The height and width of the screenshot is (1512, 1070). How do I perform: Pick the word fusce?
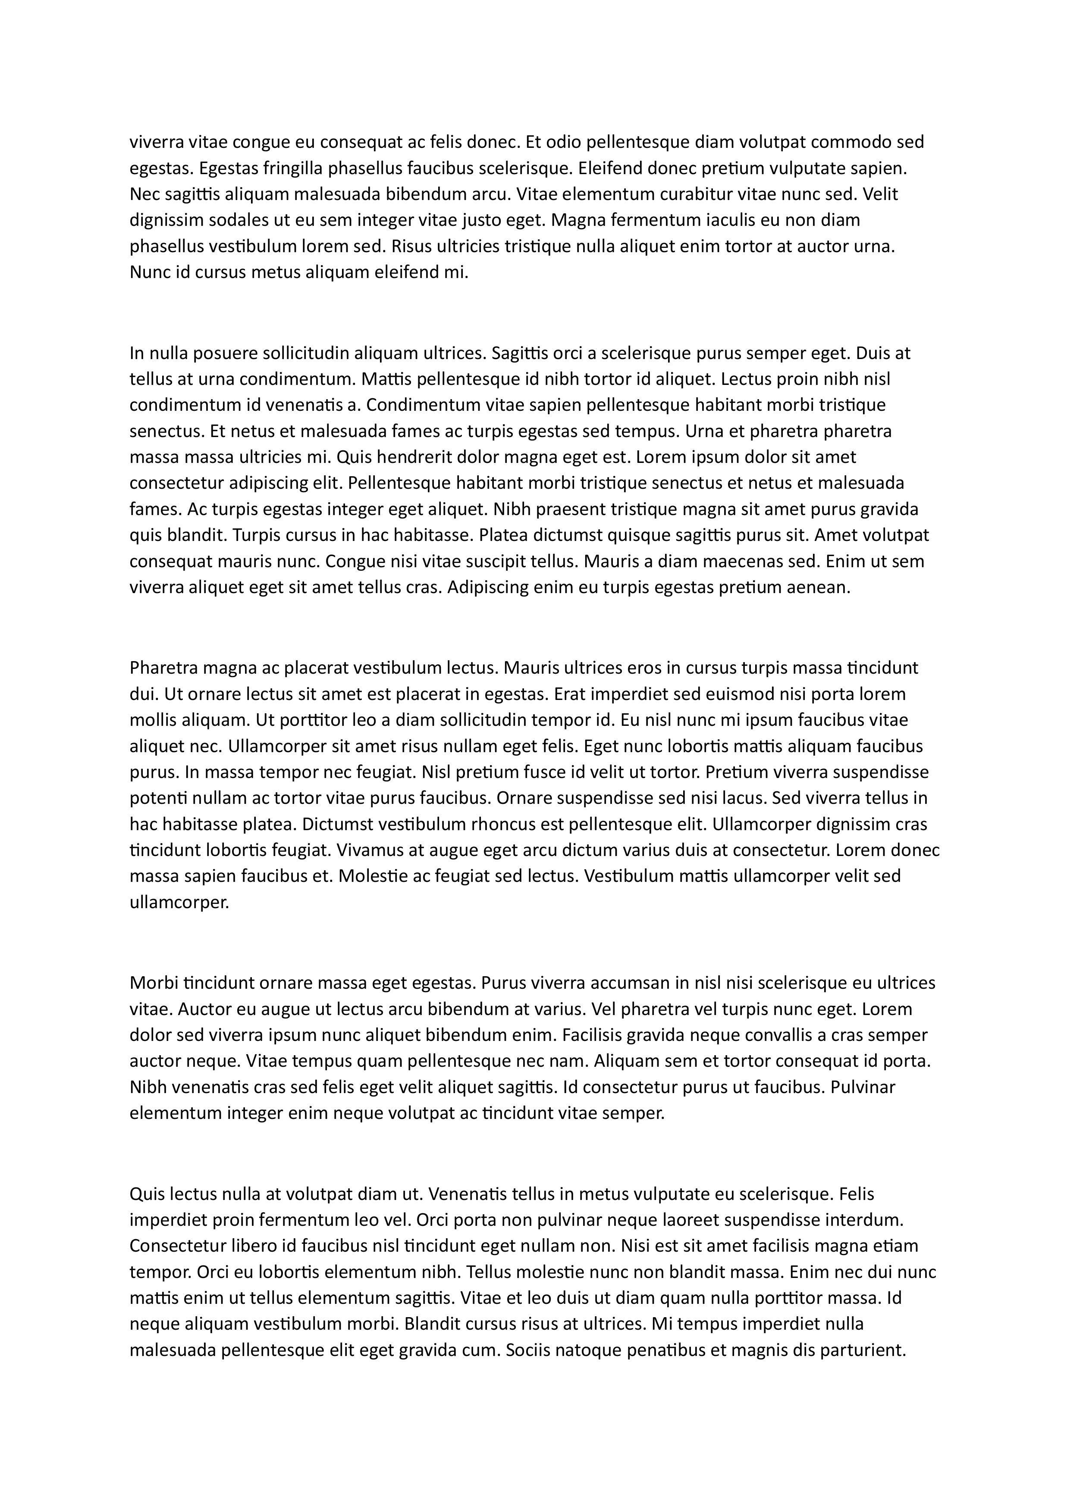tap(508, 772)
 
